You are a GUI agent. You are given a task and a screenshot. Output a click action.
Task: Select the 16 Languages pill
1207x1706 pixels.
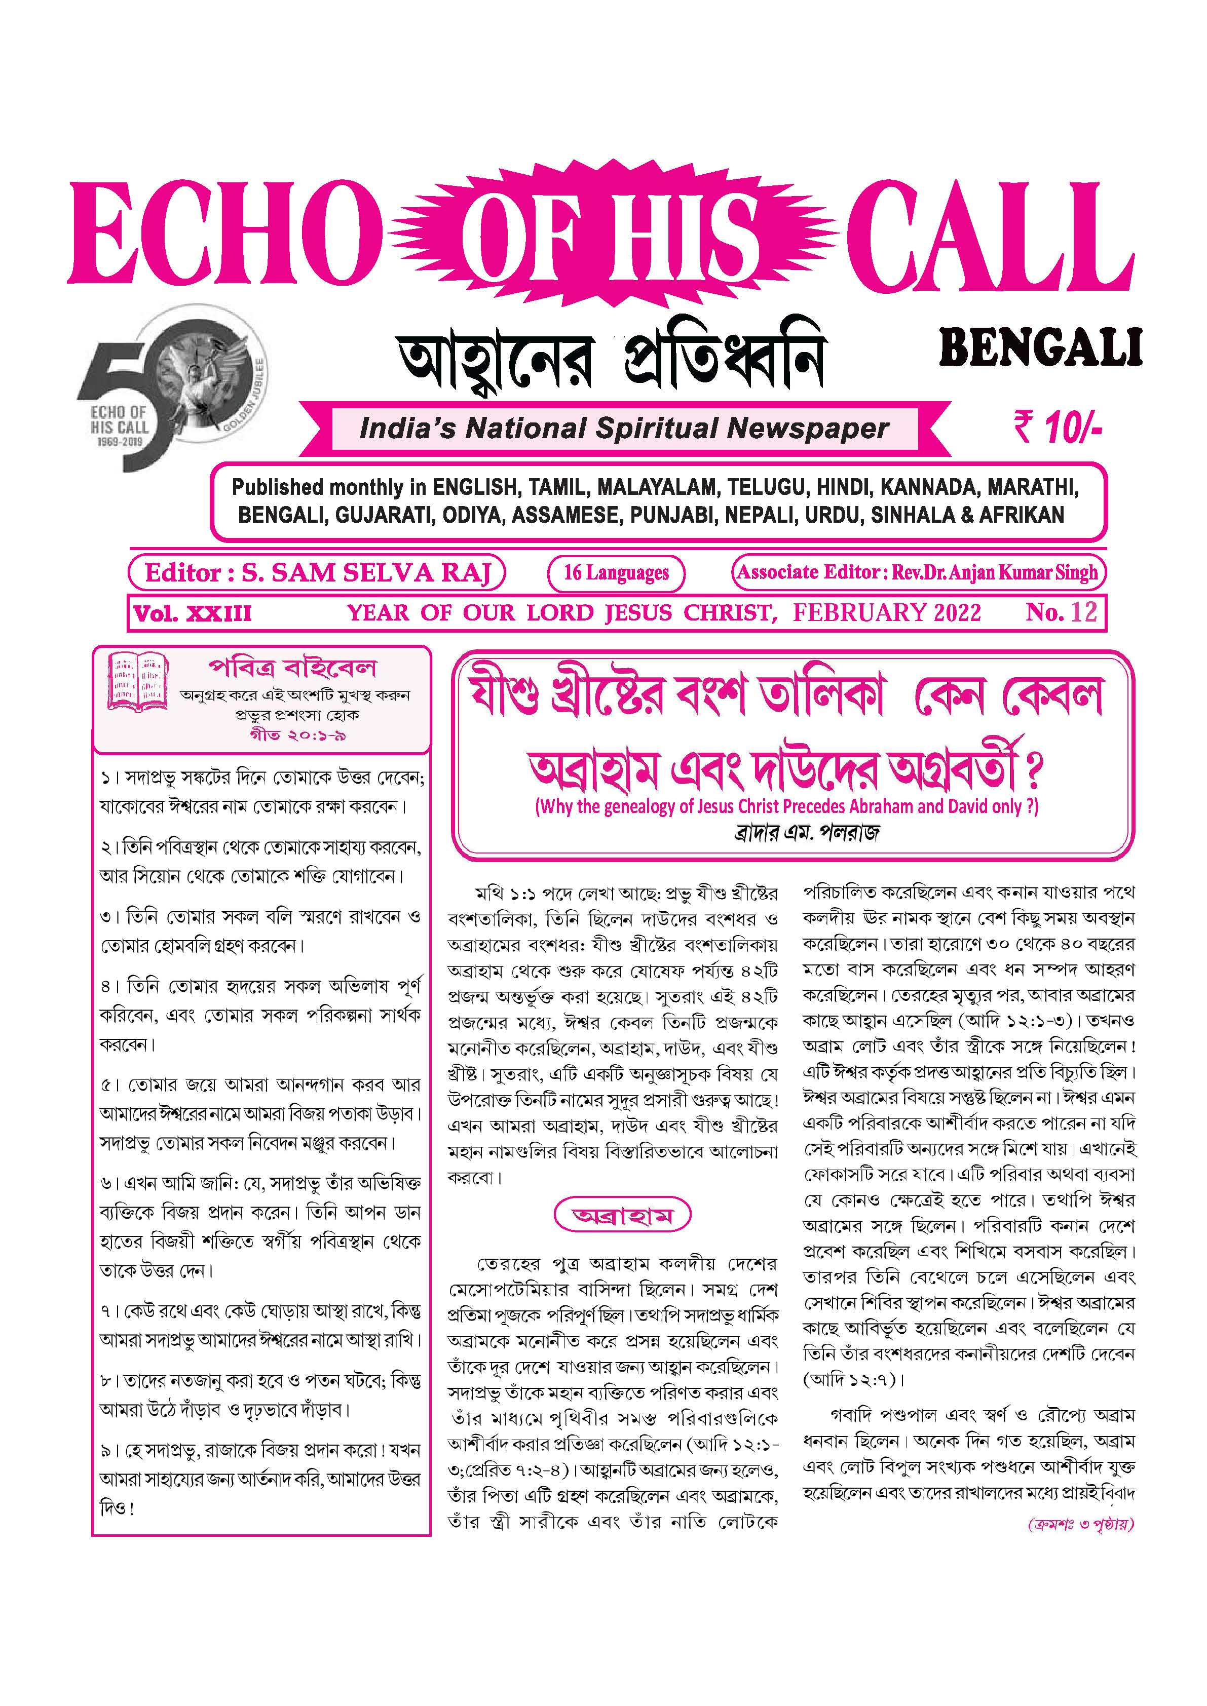pyautogui.click(x=616, y=573)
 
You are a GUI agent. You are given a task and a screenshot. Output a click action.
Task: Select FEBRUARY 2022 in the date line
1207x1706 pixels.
pyautogui.click(x=887, y=613)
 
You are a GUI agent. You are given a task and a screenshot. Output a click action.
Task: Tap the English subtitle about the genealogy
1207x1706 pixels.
pyautogui.click(x=786, y=807)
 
